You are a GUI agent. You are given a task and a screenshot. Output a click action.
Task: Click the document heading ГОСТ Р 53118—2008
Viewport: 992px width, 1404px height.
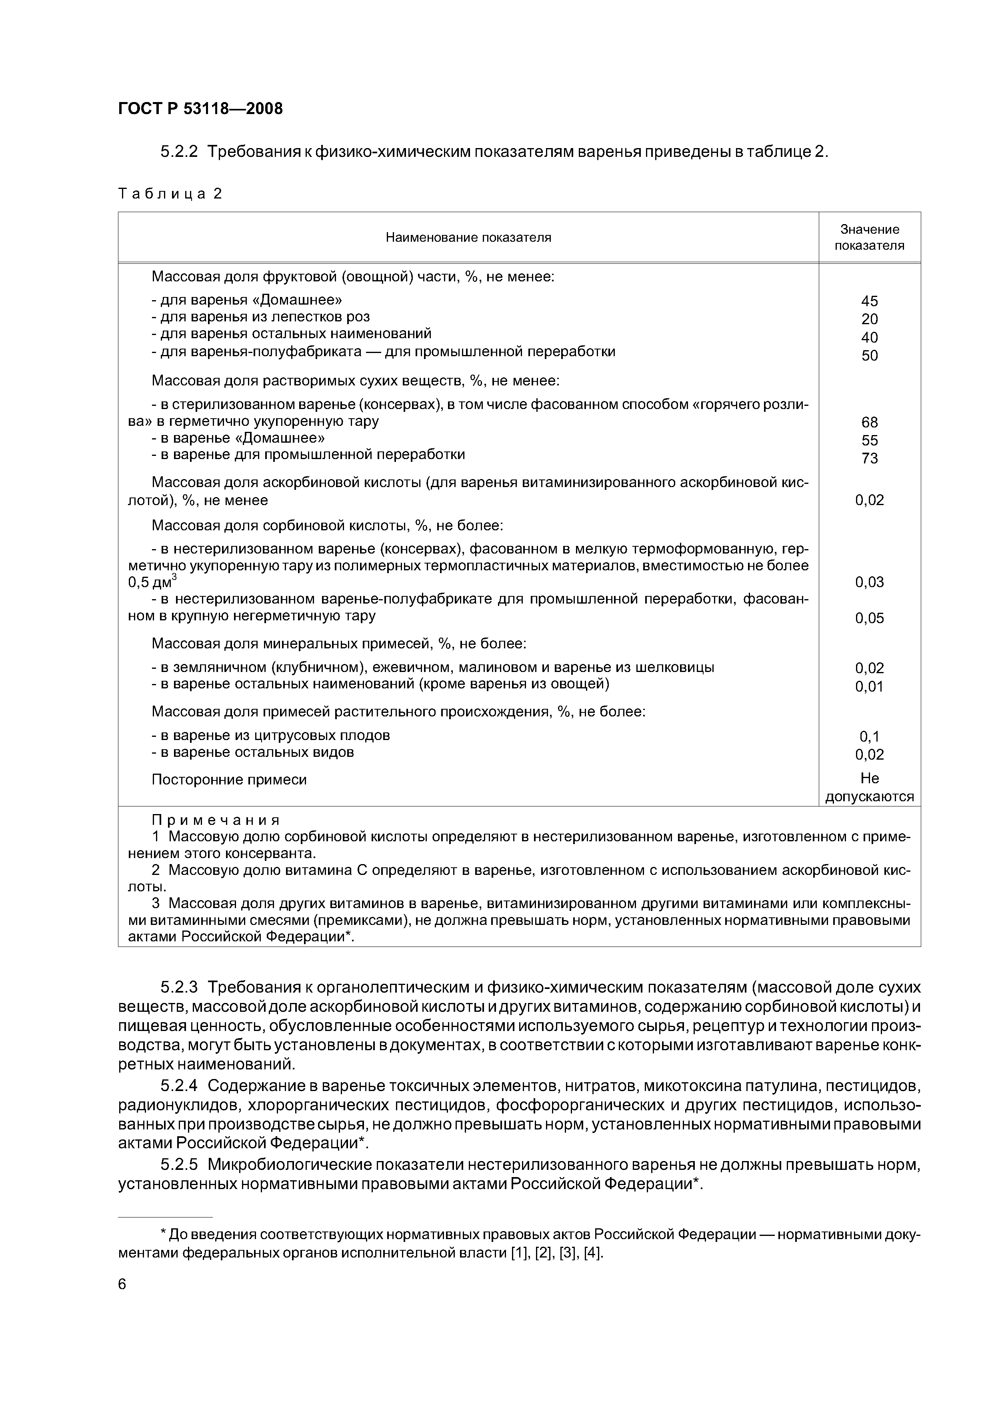coord(200,109)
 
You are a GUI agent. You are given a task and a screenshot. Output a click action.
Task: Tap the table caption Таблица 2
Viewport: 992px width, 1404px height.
coord(170,194)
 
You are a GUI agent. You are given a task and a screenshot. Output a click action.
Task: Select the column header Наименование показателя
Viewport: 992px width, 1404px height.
coord(468,237)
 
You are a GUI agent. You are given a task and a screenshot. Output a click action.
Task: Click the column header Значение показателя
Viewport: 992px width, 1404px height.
coord(869,237)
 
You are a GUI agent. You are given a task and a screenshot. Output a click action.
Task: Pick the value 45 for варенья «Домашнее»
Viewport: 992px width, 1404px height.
coord(869,301)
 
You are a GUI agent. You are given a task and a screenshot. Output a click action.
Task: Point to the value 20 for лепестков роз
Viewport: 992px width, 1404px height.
coord(869,319)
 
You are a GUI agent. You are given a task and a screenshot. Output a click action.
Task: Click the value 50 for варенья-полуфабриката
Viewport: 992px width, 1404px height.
coord(869,355)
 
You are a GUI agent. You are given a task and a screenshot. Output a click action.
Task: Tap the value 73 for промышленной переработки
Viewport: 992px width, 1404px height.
coord(869,458)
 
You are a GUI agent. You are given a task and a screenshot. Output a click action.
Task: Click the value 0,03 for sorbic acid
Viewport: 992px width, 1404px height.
coord(869,582)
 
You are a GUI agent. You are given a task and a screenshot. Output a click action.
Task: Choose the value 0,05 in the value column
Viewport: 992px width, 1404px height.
coord(869,618)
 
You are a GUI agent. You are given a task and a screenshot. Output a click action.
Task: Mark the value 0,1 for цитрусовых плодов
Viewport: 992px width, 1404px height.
coord(869,736)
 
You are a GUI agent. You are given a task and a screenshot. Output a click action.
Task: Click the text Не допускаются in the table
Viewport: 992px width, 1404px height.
coord(869,788)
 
